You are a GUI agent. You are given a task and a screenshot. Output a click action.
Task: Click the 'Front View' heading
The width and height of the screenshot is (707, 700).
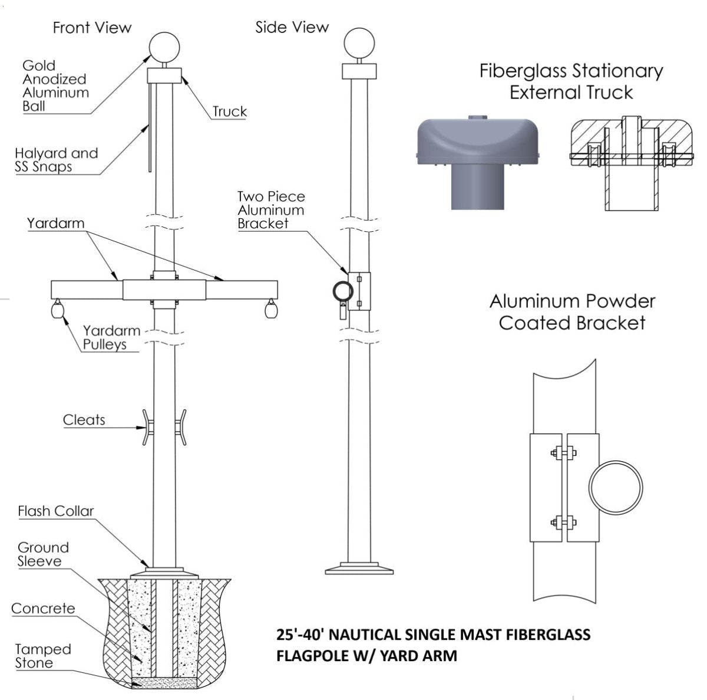click(x=92, y=28)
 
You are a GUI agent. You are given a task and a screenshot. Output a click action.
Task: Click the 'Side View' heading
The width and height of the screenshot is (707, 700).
click(x=292, y=27)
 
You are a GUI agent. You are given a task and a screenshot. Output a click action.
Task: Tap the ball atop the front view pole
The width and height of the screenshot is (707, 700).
click(x=164, y=47)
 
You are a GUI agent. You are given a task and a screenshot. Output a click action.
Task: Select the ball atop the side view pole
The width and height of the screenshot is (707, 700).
click(x=359, y=42)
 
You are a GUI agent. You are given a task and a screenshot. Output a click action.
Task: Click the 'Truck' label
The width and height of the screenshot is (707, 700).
click(x=229, y=111)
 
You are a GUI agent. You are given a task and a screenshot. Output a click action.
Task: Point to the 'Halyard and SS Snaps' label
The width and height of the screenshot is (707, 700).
click(x=56, y=160)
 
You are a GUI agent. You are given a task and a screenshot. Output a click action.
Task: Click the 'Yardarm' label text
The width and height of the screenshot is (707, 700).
click(x=55, y=224)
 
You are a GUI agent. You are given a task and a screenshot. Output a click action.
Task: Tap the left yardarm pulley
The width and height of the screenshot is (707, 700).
click(x=58, y=309)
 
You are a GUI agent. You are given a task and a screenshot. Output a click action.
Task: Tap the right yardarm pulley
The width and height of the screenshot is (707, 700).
click(x=271, y=309)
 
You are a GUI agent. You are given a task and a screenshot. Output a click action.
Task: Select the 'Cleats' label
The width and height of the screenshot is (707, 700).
click(x=84, y=420)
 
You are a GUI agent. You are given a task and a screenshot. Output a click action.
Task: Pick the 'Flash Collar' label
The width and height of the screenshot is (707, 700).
click(x=55, y=511)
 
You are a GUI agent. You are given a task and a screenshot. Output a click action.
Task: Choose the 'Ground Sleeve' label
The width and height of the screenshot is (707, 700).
click(x=43, y=554)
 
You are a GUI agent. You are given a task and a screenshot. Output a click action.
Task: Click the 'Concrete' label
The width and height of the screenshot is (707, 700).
click(x=43, y=608)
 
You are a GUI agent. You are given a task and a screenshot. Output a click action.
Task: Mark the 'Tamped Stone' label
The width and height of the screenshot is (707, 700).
click(x=43, y=656)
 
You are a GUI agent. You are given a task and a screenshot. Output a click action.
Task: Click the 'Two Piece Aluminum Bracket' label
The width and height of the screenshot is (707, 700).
click(x=271, y=209)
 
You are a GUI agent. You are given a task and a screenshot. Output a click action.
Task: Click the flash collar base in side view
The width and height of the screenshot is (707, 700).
click(x=359, y=568)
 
